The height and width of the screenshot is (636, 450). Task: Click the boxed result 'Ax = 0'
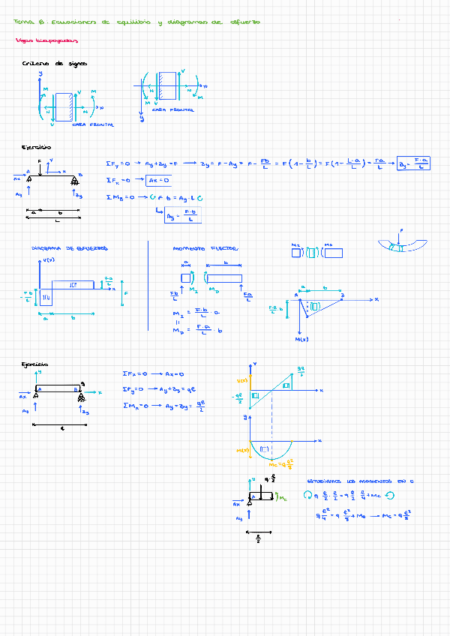[x=158, y=180]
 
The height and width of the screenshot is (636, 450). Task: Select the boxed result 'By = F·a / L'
[x=414, y=162]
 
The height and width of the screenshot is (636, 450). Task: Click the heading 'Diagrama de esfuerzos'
[x=70, y=247]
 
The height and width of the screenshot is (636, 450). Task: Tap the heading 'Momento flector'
[x=205, y=248]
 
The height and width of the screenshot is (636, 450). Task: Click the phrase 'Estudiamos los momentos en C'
[x=361, y=480]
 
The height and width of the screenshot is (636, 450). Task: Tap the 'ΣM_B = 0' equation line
[x=157, y=197]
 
